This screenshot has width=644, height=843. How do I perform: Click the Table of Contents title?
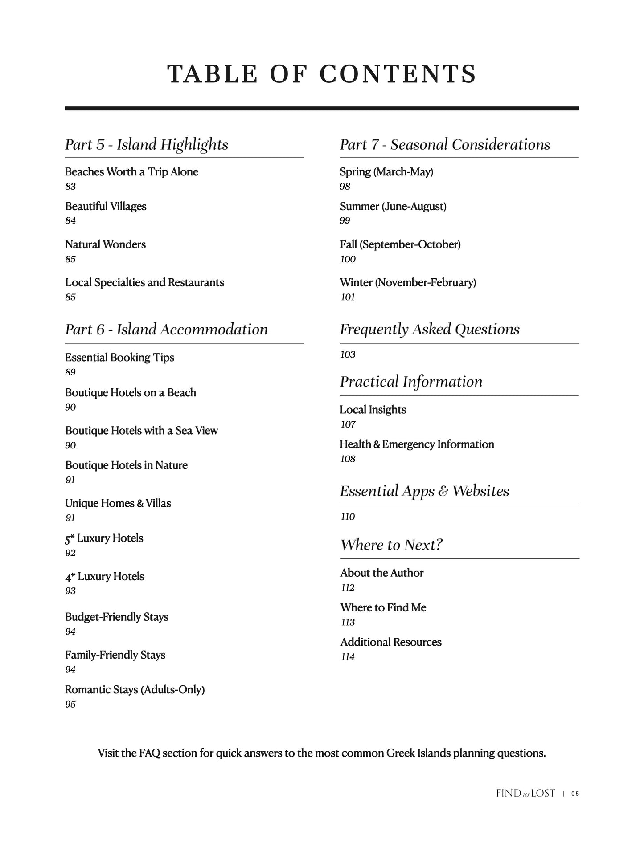point(322,74)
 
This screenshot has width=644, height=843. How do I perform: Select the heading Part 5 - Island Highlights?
point(147,144)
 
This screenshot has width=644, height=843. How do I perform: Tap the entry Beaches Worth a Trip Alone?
point(131,172)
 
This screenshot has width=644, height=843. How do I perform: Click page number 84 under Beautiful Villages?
point(70,220)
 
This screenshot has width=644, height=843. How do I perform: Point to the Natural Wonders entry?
point(105,244)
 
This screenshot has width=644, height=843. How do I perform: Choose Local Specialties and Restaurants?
point(144,283)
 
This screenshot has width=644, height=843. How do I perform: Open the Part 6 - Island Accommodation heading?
point(166,330)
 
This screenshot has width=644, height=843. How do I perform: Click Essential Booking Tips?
point(119,358)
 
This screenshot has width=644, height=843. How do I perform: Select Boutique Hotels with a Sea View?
point(141,431)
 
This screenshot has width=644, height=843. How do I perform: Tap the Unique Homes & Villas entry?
point(118,503)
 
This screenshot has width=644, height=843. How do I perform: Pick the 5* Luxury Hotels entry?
point(104,538)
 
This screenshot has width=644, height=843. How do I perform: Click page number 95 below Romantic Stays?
point(70,704)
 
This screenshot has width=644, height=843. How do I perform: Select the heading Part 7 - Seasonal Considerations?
point(445,144)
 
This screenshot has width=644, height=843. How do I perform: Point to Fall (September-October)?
point(400,244)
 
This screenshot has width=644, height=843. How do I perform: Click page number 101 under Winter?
point(348,297)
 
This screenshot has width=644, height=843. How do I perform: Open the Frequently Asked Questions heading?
point(430,329)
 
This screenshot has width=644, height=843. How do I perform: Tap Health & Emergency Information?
point(417,444)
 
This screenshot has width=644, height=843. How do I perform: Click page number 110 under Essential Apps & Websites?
point(348,517)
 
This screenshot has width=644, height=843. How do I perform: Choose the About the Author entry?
point(382,573)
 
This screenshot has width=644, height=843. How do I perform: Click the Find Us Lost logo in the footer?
point(525,793)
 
